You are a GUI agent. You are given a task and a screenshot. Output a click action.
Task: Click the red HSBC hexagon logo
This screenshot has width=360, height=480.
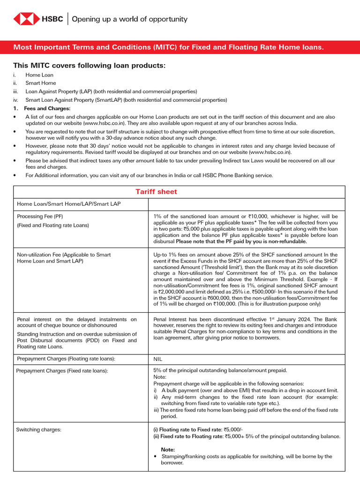click(x=26, y=19)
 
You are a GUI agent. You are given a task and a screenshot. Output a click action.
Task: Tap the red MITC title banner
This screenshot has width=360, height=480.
click(x=180, y=47)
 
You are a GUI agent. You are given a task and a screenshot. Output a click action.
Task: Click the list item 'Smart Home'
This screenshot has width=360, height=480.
click(x=40, y=83)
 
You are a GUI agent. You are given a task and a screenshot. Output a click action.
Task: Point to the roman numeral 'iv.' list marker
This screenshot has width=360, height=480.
click(x=16, y=100)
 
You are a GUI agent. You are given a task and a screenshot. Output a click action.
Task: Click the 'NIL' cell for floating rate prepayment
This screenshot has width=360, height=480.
click(x=158, y=359)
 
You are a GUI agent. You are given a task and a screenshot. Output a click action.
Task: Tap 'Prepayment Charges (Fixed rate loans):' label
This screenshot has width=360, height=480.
click(x=62, y=371)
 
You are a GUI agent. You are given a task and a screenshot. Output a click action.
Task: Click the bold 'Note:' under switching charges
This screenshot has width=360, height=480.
click(x=168, y=449)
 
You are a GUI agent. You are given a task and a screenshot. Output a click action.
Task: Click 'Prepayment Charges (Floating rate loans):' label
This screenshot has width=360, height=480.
click(x=66, y=359)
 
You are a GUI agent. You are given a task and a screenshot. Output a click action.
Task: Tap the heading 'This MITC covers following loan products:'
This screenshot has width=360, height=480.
click(x=89, y=65)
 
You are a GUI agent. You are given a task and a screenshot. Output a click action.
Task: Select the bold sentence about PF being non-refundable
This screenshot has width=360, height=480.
click(x=241, y=241)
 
